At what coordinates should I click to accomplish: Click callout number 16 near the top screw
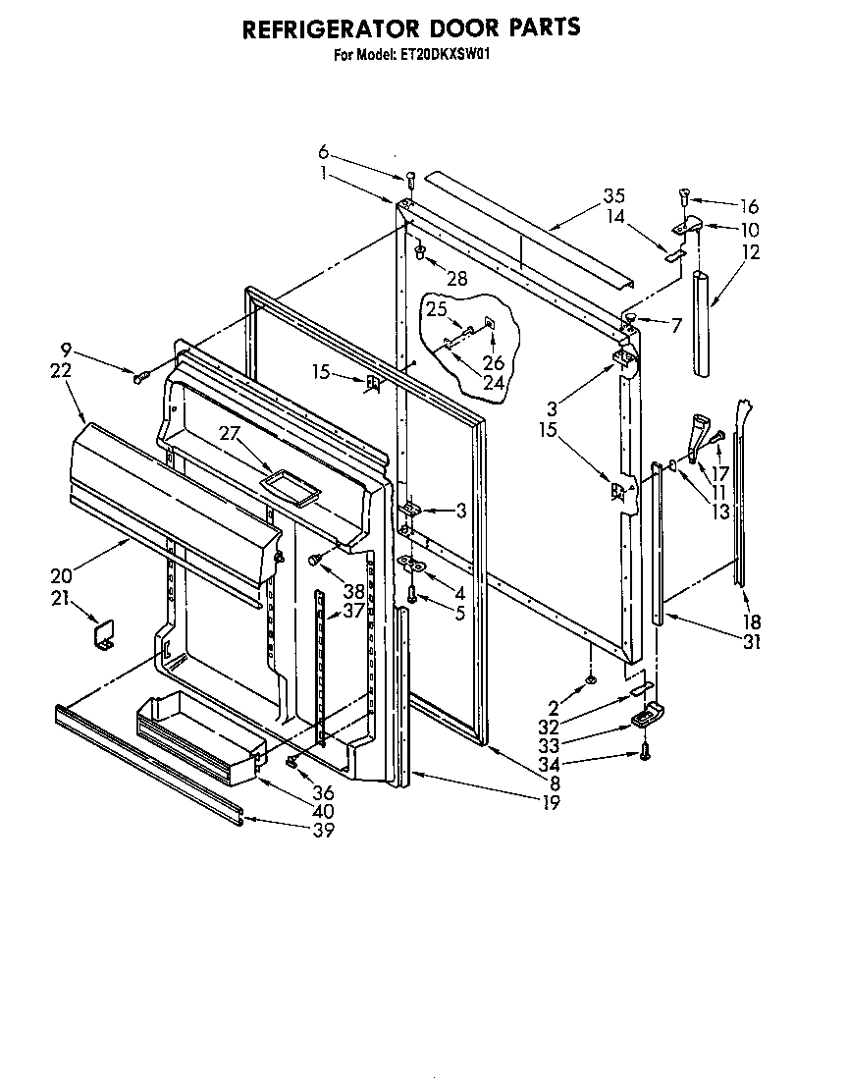[x=749, y=206]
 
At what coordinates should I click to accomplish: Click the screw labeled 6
[x=411, y=179]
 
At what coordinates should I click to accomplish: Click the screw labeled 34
[x=645, y=751]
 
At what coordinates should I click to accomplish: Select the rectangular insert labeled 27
[x=292, y=486]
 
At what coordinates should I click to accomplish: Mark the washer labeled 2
[x=591, y=680]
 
